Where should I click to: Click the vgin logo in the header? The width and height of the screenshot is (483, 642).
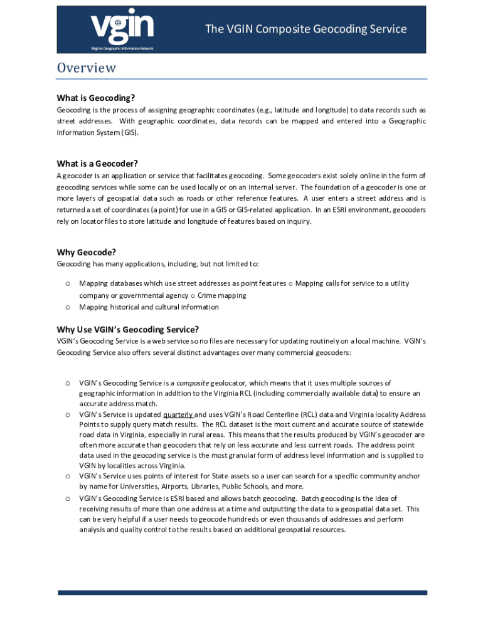tap(122, 27)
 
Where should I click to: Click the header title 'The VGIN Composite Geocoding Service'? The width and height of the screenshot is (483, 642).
tap(306, 29)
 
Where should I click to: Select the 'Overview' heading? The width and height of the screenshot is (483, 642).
tap(87, 68)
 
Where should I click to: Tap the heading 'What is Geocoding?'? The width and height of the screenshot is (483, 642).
tap(96, 98)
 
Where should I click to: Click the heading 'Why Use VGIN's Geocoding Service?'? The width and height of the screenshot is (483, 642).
tap(128, 329)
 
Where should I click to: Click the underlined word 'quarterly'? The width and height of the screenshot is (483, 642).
tap(178, 414)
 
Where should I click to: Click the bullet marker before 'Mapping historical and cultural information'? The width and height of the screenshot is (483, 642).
tap(66, 307)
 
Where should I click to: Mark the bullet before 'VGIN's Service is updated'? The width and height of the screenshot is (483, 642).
tap(66, 414)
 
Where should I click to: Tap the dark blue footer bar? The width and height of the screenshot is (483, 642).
tap(242, 592)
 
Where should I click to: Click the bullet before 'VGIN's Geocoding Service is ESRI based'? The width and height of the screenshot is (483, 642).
tap(66, 498)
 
